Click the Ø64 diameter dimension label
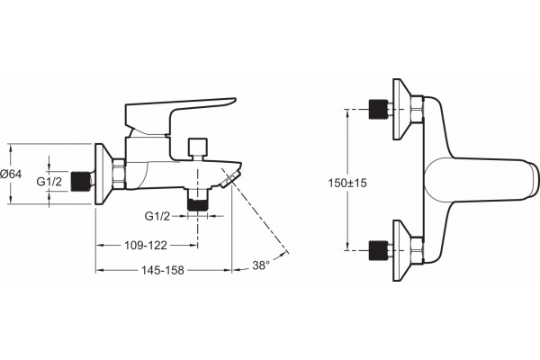coord(11,174)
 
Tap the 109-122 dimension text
coord(146,246)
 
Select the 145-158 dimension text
coord(163,270)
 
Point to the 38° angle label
coord(261,265)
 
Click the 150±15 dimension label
coord(347,183)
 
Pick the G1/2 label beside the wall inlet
coord(49,181)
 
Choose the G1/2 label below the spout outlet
coord(157,216)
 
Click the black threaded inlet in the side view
coord(81,181)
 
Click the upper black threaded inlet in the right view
coord(378,109)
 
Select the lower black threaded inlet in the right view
coord(378,250)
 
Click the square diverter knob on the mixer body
coord(198,146)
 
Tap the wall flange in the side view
coord(103,174)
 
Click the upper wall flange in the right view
coord(400,109)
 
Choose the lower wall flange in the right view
coord(400,250)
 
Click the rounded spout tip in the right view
coord(533,180)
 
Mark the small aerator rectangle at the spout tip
coord(229,181)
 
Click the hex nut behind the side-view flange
coord(119,174)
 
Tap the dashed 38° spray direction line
coord(255,211)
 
